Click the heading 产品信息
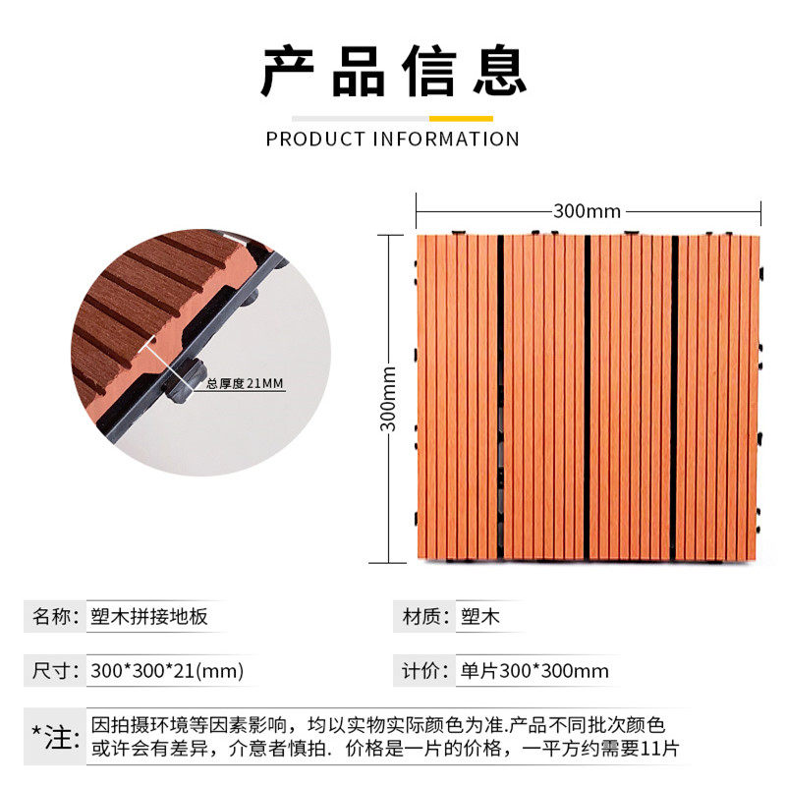(393, 71)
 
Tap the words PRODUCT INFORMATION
(393, 139)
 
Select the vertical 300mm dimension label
(389, 398)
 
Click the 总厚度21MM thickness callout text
(245, 383)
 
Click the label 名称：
(55, 617)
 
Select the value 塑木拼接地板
(147, 617)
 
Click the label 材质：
(426, 617)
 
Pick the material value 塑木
(480, 617)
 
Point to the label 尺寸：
(55, 671)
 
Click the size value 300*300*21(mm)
(166, 671)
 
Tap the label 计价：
(426, 671)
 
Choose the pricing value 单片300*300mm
(534, 671)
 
